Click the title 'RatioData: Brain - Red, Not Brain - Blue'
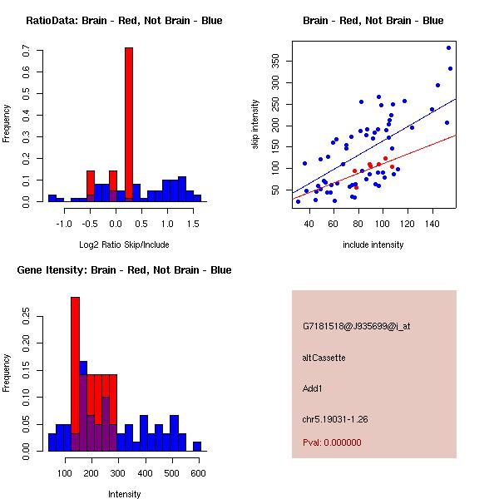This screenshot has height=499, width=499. [124, 21]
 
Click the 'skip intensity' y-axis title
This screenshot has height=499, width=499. [256, 124]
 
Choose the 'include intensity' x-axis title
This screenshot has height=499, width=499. [373, 245]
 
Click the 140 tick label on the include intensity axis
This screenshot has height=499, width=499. [432, 224]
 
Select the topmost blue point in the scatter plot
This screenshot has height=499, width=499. [448, 47]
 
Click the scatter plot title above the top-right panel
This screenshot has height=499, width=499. [373, 21]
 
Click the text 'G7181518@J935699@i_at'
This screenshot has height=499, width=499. [357, 326]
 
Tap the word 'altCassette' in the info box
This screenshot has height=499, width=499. [324, 358]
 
